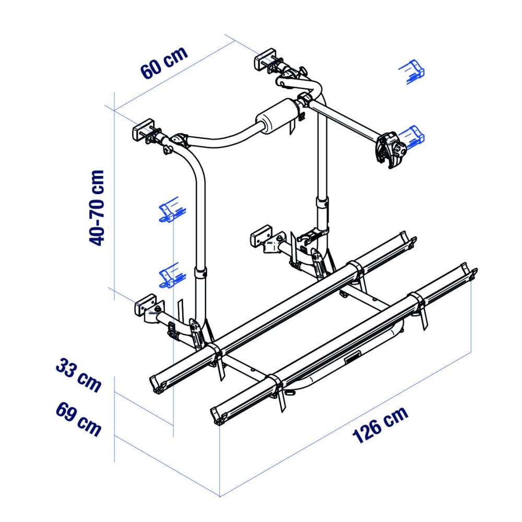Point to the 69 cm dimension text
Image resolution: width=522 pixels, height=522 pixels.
78,419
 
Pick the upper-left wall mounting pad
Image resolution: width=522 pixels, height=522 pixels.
143,129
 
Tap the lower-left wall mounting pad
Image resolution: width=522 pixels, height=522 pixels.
146,305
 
